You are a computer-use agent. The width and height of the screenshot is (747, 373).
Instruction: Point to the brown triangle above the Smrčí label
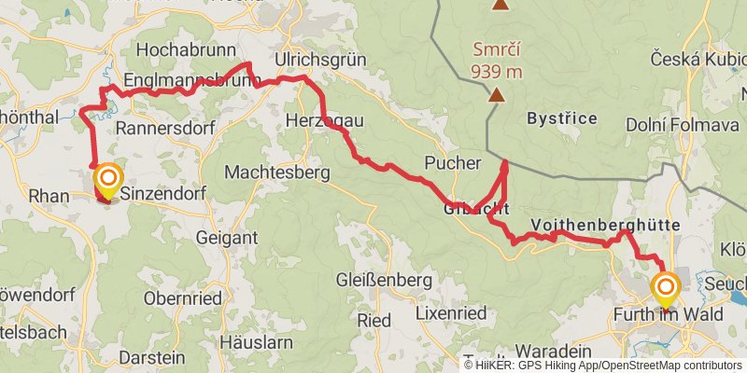(500, 5)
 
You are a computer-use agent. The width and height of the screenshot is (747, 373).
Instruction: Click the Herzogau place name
(324, 121)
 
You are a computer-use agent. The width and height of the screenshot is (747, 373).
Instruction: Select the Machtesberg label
(278, 173)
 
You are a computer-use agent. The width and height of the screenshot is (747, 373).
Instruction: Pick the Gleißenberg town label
(384, 280)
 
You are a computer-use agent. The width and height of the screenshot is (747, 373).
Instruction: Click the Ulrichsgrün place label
(320, 60)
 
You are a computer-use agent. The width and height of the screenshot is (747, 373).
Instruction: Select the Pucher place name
(452, 162)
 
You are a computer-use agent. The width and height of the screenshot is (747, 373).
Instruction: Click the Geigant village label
(226, 238)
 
